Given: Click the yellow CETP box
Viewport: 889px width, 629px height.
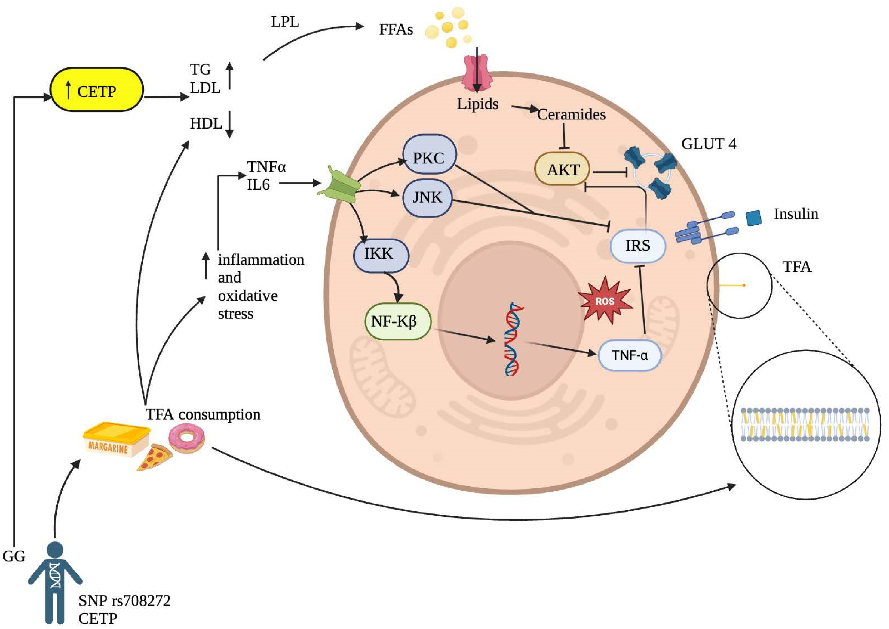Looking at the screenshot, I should tap(97, 90).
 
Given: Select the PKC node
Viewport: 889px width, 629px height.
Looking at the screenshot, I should tap(429, 154).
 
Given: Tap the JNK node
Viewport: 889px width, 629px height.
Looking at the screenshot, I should tap(427, 198).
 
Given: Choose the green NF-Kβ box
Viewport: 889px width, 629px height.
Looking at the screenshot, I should tap(398, 321).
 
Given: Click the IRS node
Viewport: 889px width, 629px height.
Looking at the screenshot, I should tap(638, 246).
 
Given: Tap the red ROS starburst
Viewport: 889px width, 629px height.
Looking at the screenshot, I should tap(605, 301).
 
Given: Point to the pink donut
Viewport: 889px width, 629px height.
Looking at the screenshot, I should tap(186, 438).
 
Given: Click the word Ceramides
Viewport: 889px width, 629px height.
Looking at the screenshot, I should tap(572, 115).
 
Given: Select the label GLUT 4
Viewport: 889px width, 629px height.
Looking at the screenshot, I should tap(708, 144).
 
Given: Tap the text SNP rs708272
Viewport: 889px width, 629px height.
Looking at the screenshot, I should tap(124, 600).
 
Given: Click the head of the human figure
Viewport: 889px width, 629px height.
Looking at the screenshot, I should tap(55, 551).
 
